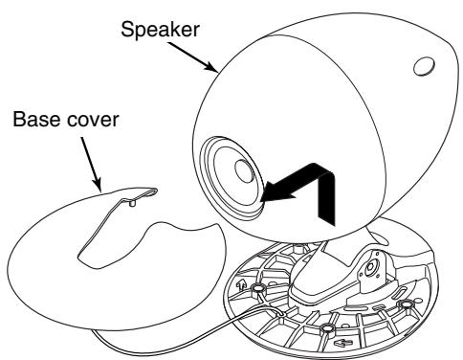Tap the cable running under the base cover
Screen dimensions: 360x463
tap(191, 331)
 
